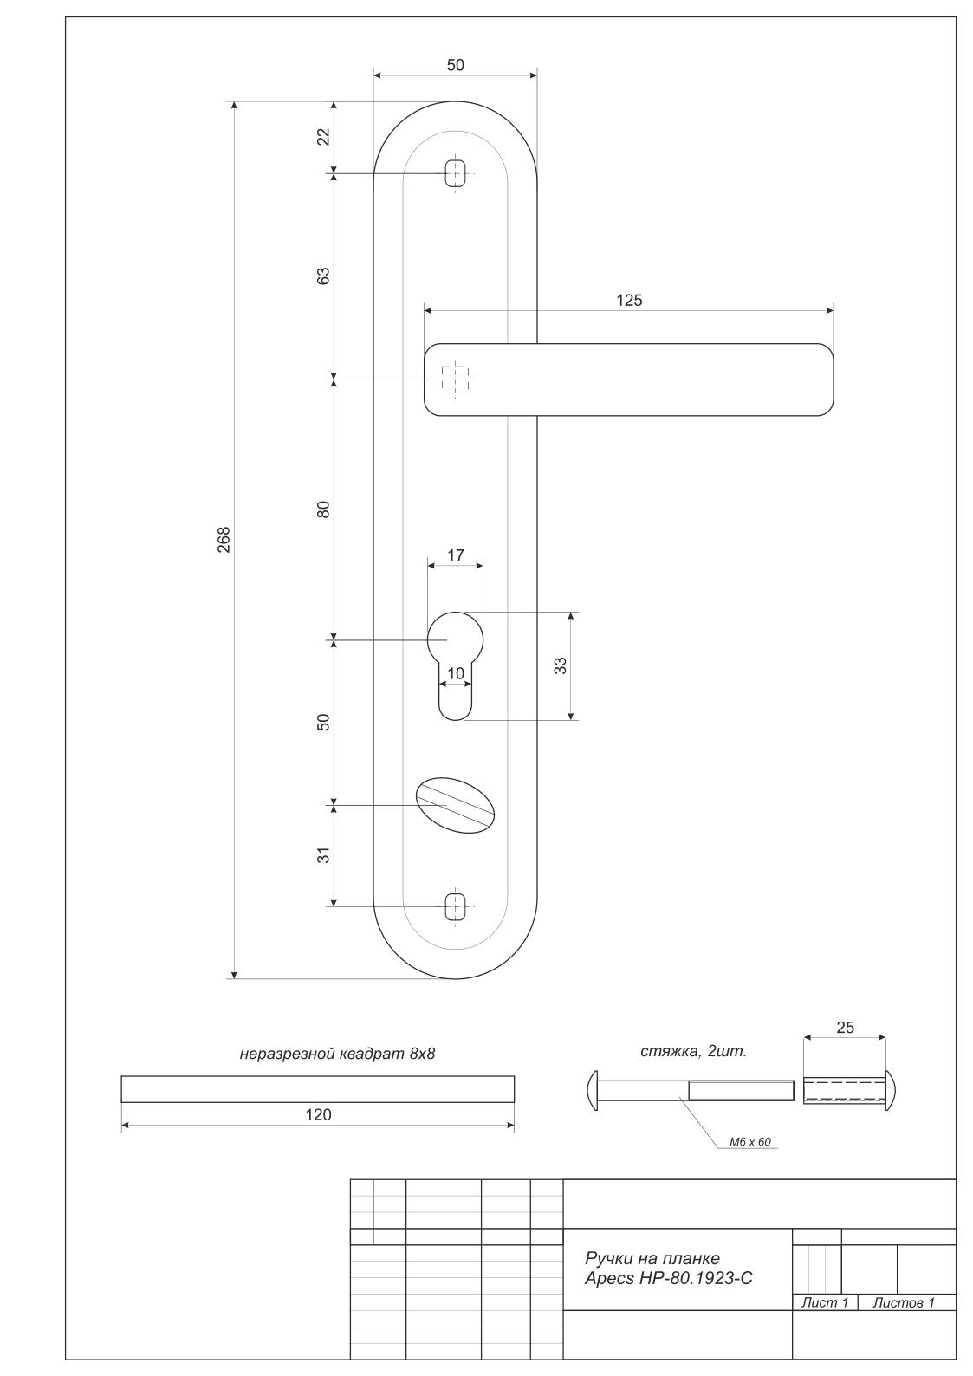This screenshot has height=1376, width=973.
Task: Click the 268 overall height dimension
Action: pos(224,539)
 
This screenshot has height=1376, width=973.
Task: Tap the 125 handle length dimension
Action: pos(629,301)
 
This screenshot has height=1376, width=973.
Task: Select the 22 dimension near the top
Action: pos(323,136)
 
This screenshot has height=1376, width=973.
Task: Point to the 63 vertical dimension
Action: pos(323,276)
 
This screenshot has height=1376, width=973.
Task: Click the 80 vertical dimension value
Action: pos(323,510)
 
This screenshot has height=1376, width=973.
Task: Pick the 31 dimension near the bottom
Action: pos(323,855)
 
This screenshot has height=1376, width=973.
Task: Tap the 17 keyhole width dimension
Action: pos(455,555)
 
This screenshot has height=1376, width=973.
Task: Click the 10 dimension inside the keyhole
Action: pos(455,673)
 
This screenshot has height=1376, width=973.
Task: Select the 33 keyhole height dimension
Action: pos(561,665)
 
